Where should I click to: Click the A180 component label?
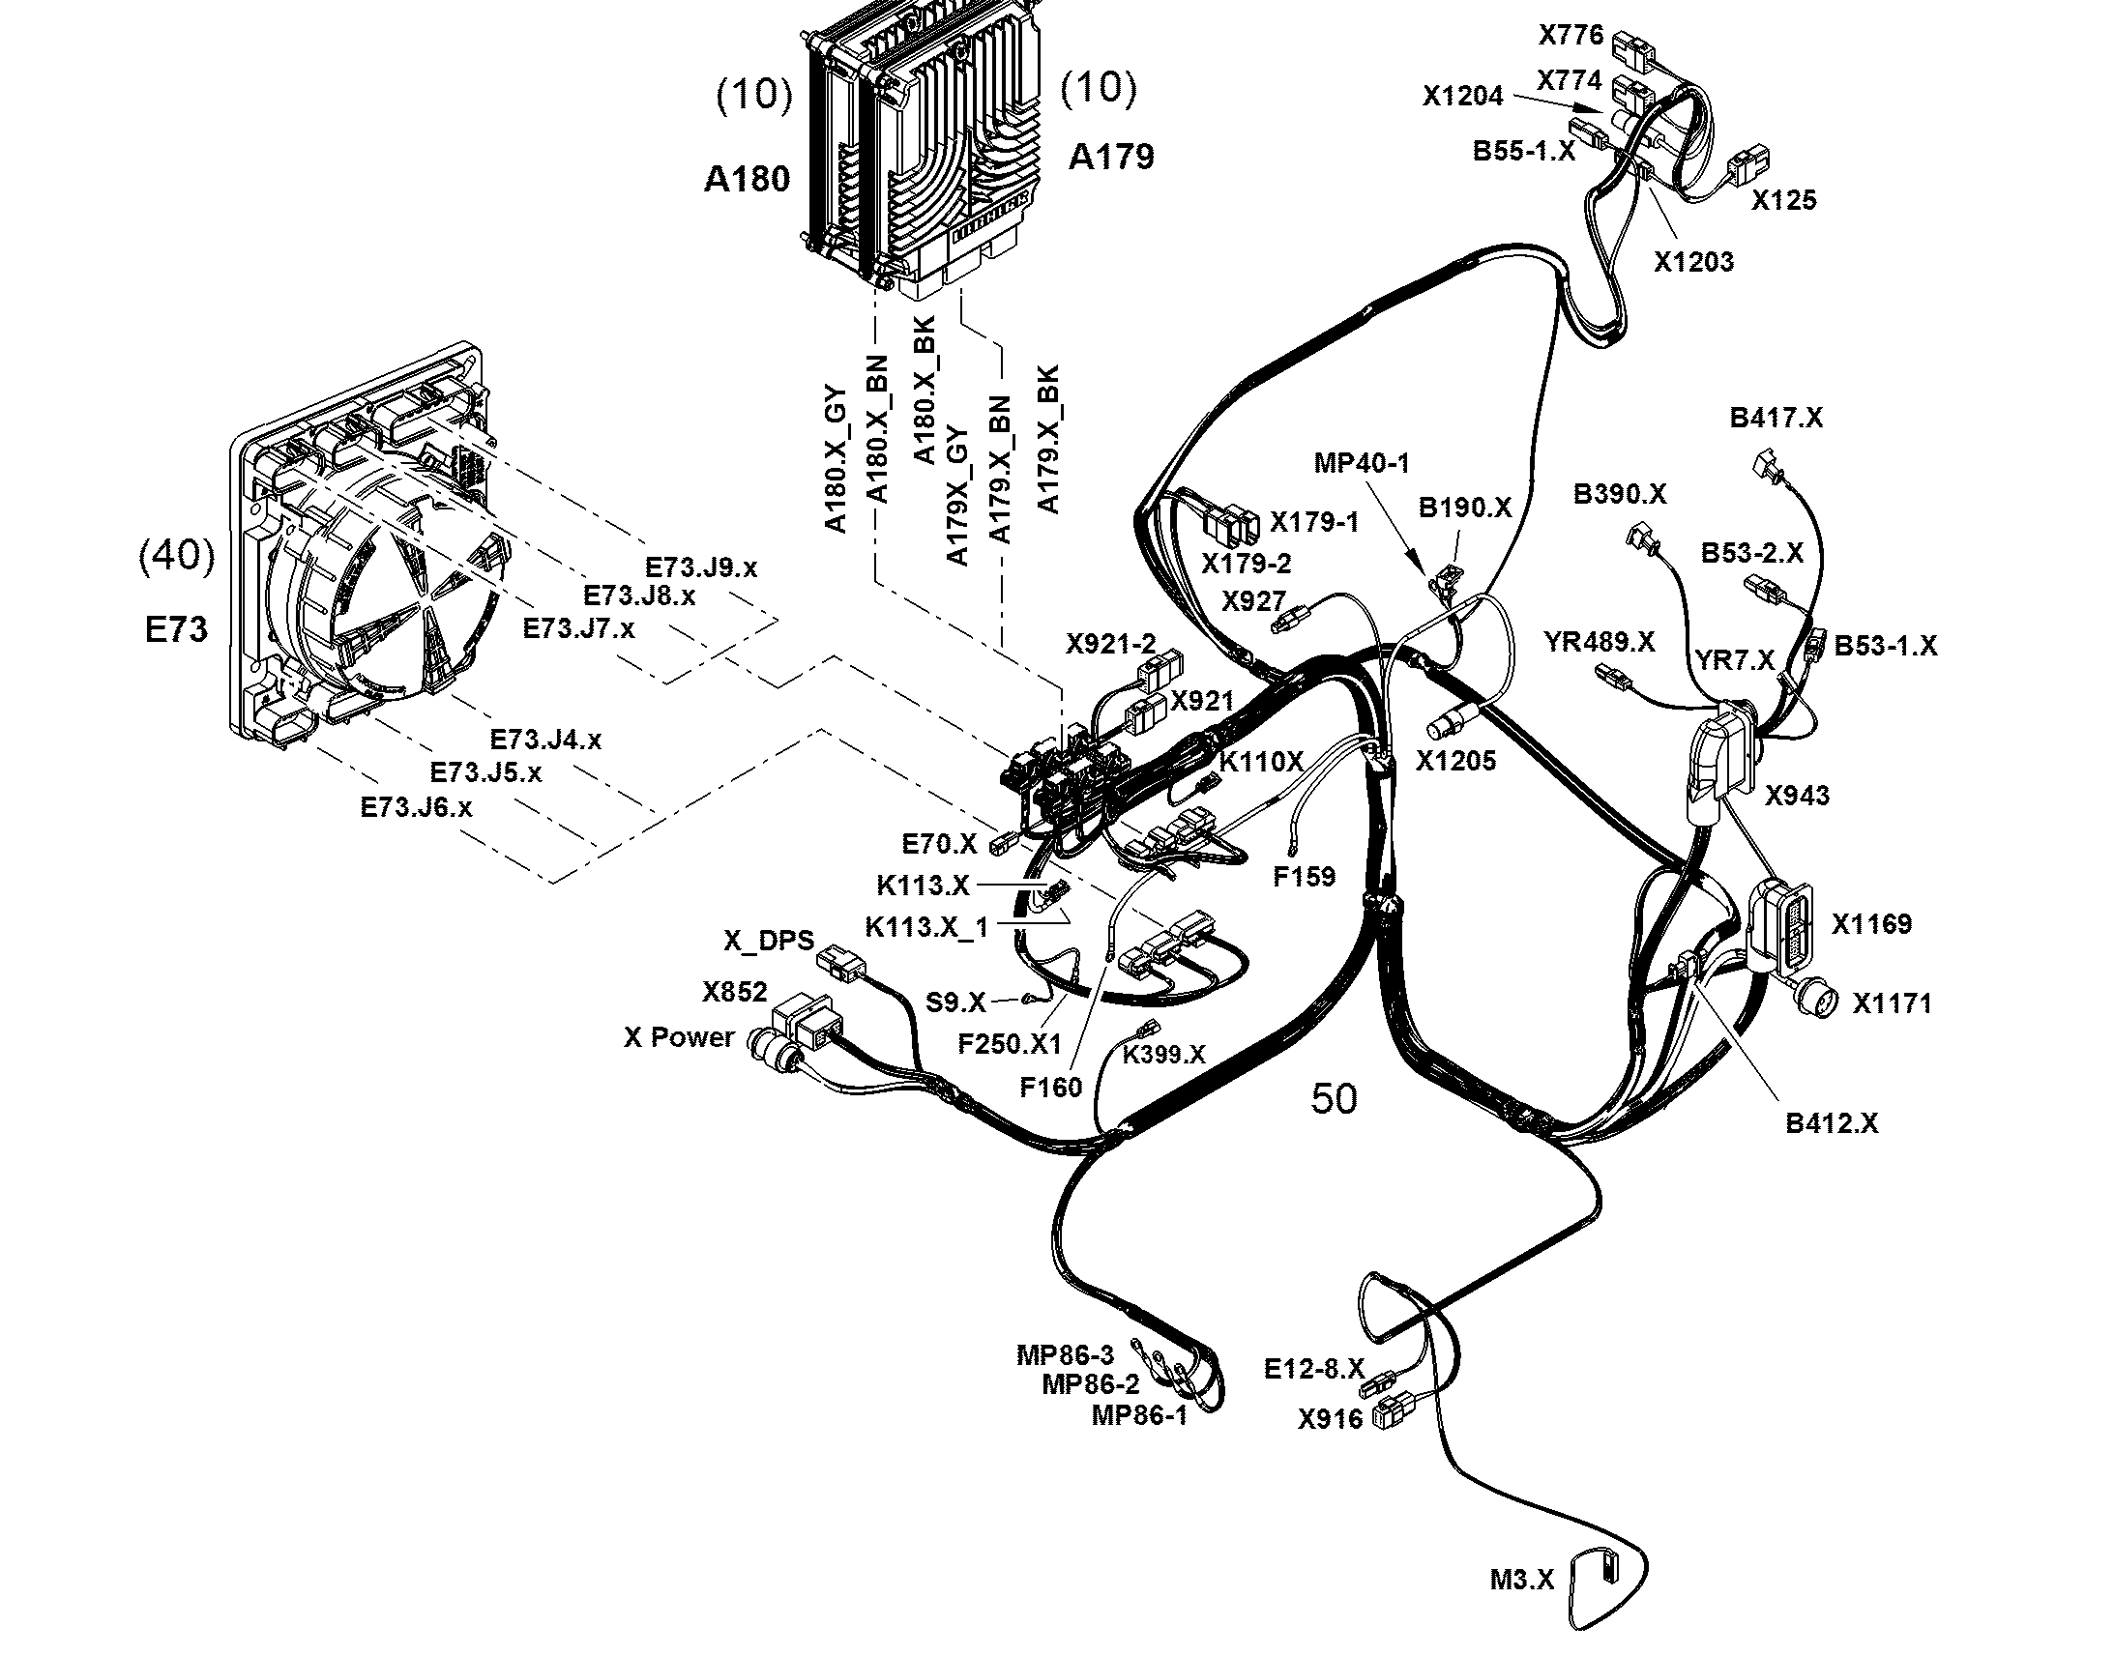747,180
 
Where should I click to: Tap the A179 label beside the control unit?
1111,156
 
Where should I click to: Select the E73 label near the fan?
177,630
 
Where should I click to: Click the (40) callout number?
178,556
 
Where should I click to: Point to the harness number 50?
1334,1098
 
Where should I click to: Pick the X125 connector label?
1784,201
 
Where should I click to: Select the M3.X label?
1522,1580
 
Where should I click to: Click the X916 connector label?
1331,1419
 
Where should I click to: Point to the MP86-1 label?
1139,1415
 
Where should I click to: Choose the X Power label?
679,1037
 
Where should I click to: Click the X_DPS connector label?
769,941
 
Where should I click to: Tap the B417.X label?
1776,418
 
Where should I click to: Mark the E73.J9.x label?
701,567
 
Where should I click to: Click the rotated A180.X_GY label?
835,459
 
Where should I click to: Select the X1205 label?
1455,761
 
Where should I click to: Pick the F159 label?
1305,877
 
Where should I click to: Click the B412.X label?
1832,1122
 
